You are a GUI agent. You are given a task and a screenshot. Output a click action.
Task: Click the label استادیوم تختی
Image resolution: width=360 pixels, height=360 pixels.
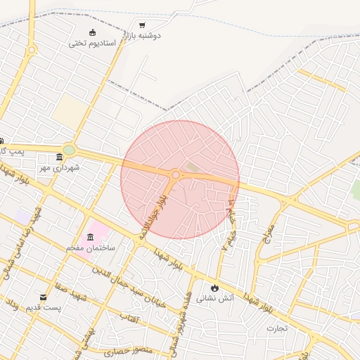[x=86, y=43]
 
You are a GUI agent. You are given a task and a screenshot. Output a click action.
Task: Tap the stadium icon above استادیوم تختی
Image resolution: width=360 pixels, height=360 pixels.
[x=92, y=32]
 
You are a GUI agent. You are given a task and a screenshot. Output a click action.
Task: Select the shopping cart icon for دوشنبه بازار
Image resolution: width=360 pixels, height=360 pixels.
[x=143, y=25]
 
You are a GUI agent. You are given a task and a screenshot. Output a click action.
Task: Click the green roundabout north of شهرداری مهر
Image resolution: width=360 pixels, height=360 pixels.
[x=69, y=149]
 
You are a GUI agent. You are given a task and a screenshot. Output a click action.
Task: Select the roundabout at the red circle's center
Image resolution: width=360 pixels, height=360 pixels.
[x=175, y=174]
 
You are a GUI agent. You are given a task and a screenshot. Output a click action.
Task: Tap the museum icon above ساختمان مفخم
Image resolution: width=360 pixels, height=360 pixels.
[x=90, y=236]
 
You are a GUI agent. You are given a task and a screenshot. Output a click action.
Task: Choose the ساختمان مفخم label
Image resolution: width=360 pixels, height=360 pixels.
[x=90, y=248]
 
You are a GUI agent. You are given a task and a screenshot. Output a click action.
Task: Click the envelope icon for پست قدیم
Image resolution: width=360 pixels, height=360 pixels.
[x=44, y=297]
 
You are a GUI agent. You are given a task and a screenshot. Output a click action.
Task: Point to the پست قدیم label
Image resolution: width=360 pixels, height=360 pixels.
[x=44, y=308]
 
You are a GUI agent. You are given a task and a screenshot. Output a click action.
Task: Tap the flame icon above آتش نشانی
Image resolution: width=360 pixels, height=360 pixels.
[x=214, y=288]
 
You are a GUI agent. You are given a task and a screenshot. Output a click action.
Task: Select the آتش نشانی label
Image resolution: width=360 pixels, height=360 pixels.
[x=214, y=298]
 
